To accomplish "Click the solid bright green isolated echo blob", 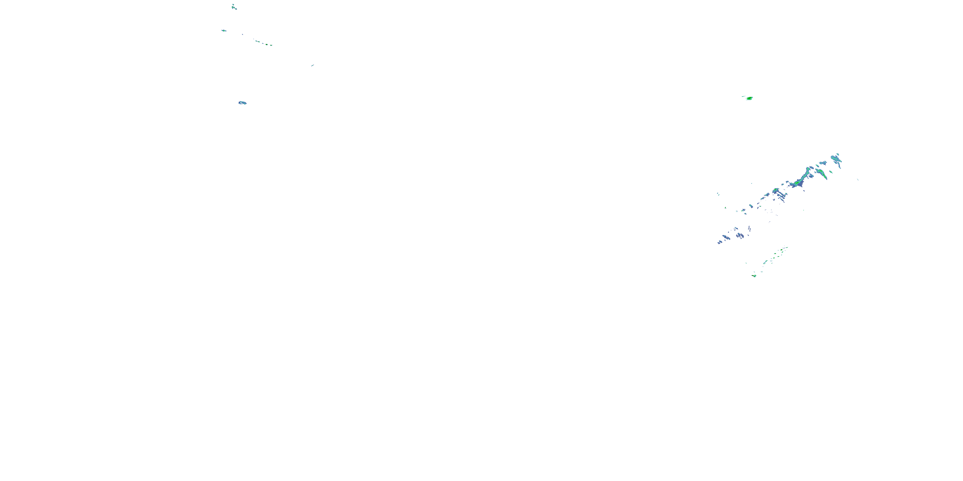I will tap(750, 98).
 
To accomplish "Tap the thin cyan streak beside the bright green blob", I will tap(743, 96).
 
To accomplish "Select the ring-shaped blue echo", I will tap(243, 103).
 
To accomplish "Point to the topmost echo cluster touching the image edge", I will tap(234, 7).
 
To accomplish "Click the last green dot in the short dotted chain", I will tap(271, 45).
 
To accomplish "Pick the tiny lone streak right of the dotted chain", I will tap(313, 65).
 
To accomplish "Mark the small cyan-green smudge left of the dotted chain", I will tap(223, 30).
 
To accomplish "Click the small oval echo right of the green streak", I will tap(831, 172).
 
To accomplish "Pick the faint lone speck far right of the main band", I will tap(858, 180).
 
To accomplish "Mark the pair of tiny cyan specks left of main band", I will tap(718, 194).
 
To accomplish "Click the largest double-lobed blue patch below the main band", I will tap(740, 235).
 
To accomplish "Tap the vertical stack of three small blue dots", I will tap(749, 228).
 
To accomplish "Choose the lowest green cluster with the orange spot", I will tap(754, 275).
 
